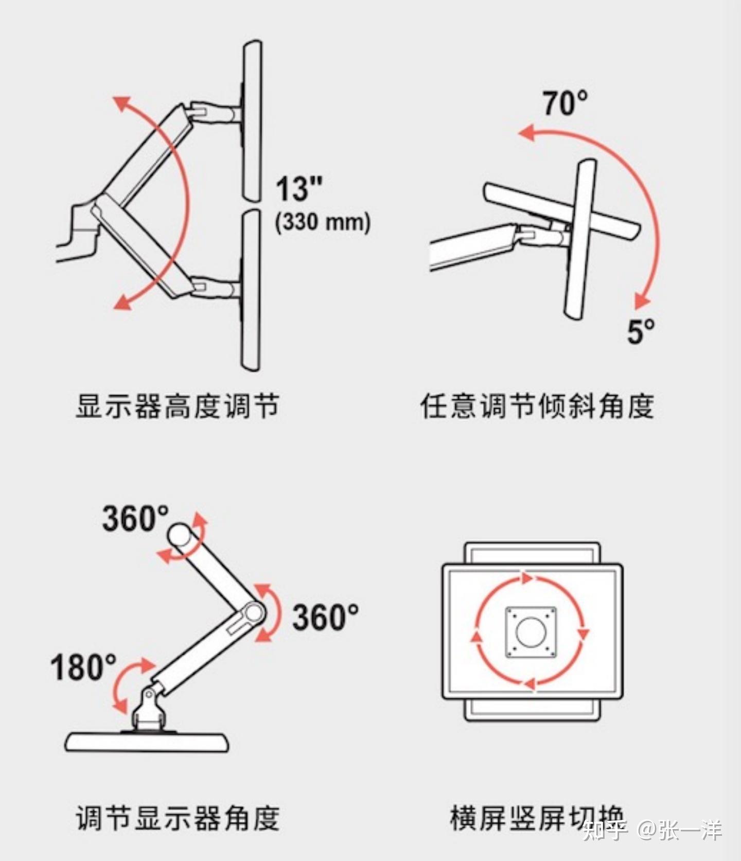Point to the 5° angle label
tap(641, 331)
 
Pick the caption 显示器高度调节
tap(178, 406)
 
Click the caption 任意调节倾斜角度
tap(537, 406)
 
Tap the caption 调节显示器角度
tap(178, 817)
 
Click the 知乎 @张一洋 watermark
tap(652, 830)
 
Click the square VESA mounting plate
tap(531, 632)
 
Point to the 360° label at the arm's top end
tap(135, 518)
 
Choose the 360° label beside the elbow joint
tap(326, 617)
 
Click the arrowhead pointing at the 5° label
tap(641, 301)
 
